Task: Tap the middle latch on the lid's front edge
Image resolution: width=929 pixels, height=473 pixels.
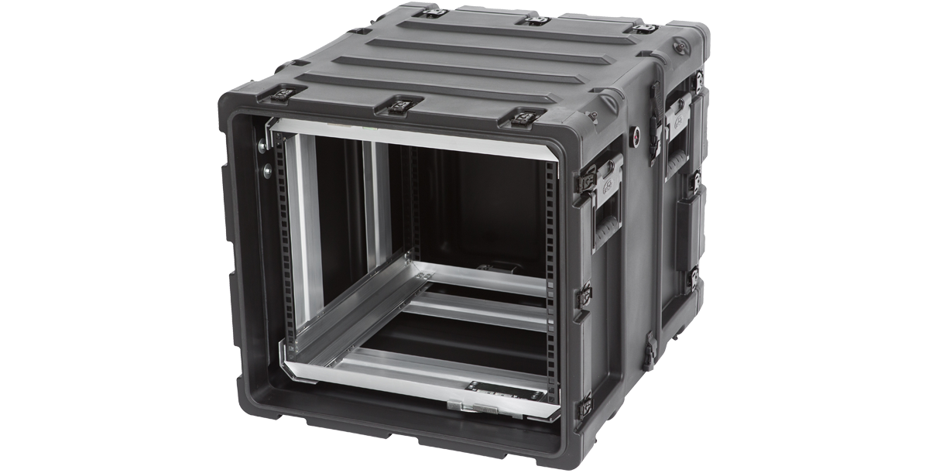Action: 403,105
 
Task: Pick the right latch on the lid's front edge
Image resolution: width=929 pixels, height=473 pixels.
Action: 523,118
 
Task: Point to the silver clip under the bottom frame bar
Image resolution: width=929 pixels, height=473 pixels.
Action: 464,406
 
